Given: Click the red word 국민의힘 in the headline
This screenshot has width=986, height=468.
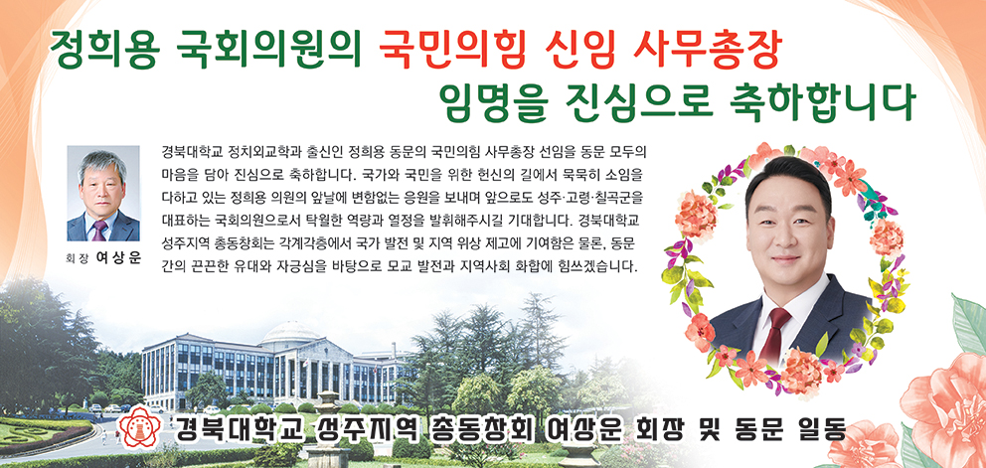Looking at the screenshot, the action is (450, 49).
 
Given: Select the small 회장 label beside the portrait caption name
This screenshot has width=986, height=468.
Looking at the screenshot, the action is (78, 258).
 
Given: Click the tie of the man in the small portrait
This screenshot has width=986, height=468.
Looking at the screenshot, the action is (99, 231).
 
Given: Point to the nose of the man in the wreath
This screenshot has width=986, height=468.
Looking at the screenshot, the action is (786, 239).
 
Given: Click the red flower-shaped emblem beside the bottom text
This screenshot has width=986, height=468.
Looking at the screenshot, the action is (137, 426).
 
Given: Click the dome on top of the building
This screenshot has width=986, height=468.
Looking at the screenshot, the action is (290, 333).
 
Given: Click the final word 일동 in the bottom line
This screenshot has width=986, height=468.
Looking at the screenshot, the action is (821, 429).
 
